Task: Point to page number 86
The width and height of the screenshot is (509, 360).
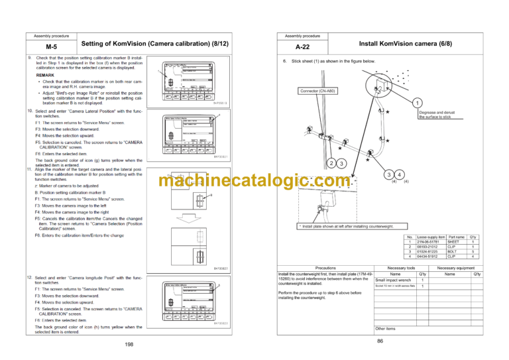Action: pos(380,340)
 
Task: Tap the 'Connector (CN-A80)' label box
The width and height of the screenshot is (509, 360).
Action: pos(318,91)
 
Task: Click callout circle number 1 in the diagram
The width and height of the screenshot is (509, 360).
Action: pos(418,103)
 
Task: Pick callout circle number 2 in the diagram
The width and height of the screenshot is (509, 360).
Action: pos(331,163)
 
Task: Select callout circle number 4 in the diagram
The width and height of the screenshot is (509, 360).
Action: pos(400,174)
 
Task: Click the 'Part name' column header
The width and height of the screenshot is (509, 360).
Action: pos(456,237)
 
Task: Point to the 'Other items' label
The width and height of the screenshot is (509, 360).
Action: pos(385,328)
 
